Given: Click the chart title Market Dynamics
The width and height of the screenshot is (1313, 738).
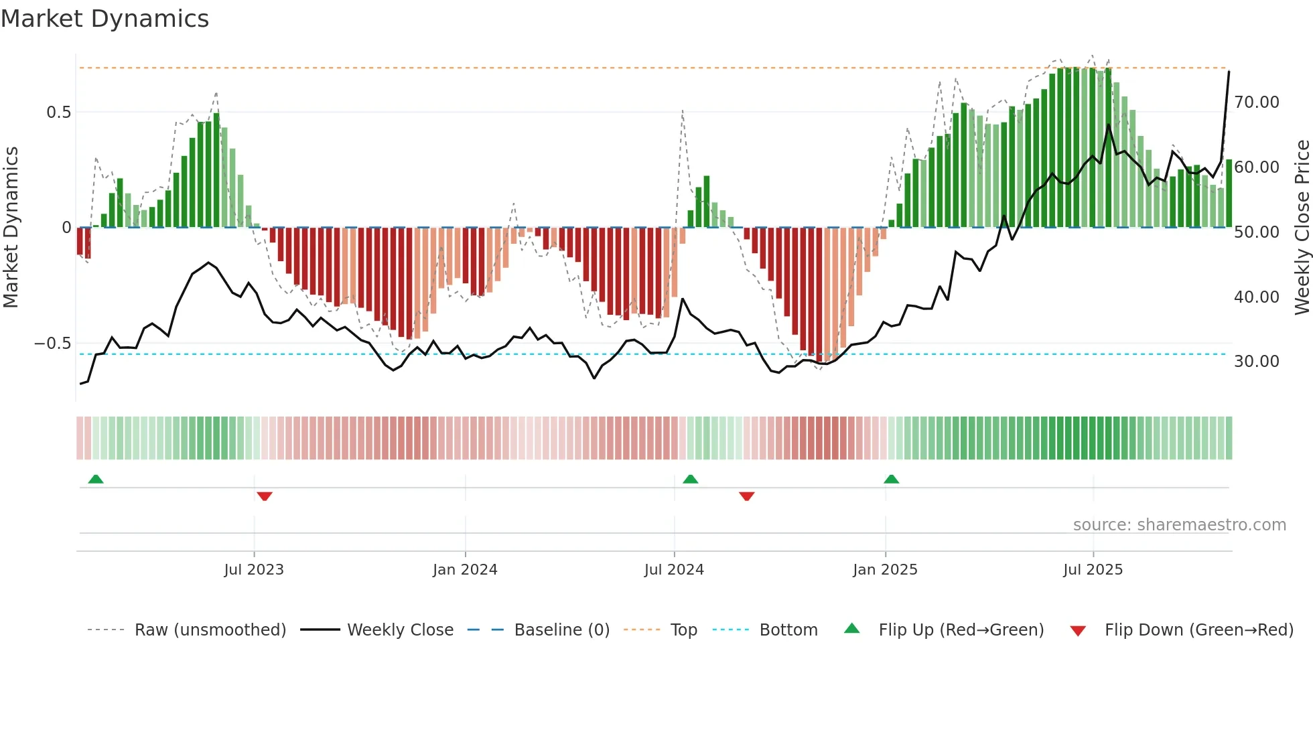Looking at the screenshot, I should (105, 19).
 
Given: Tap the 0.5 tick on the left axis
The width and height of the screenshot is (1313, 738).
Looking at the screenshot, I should (58, 112).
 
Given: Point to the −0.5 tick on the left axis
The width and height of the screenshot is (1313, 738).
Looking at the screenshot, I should (52, 344).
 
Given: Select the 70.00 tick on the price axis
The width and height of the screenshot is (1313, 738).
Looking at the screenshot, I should (1257, 102).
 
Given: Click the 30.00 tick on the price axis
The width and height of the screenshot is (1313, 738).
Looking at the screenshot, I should (1257, 362).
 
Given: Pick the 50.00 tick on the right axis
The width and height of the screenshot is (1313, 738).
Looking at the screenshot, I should (1257, 232).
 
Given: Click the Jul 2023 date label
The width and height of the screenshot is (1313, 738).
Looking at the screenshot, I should (254, 570).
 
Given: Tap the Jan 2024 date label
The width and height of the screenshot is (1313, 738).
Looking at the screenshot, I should (465, 570).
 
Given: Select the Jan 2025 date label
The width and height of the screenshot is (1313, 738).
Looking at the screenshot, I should (885, 570).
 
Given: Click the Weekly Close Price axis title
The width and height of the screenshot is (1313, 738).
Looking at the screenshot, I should (1302, 227).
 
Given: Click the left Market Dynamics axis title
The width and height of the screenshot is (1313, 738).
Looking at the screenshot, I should (11, 227).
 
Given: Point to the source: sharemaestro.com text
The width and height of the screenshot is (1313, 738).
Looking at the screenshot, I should (1179, 525).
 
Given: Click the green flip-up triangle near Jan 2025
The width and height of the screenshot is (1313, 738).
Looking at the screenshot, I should (891, 479).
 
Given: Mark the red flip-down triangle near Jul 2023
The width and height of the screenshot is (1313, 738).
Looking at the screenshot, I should (265, 496).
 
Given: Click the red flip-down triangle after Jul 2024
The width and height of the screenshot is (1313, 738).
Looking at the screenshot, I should (747, 496).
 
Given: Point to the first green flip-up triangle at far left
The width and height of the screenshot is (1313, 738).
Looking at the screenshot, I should (96, 479).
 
